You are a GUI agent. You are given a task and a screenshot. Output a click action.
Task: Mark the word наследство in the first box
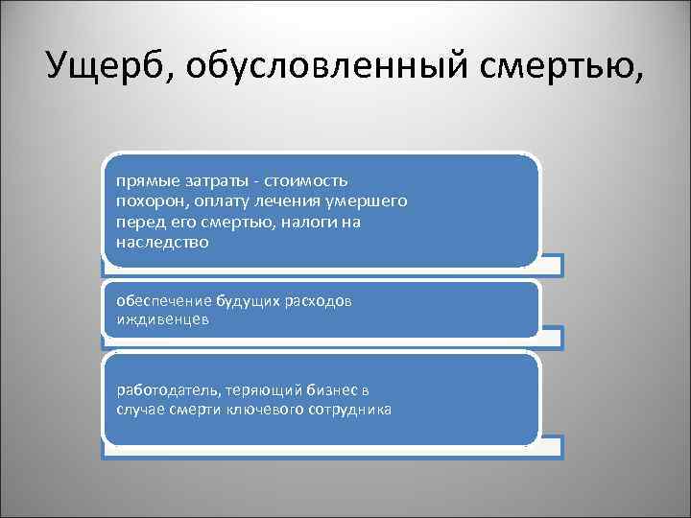160,242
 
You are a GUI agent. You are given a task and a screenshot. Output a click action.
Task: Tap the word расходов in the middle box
321,301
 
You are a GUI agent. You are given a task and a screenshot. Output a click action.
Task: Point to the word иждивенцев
160,321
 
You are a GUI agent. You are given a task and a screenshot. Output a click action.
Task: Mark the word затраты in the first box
208,181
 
